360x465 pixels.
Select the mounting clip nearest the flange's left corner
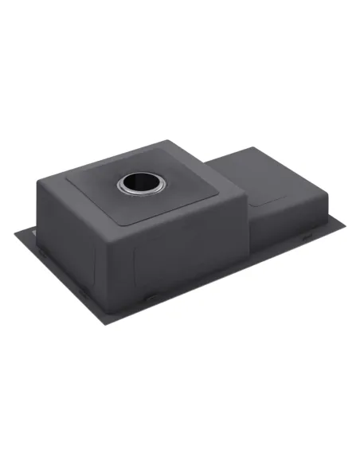coord(35,233)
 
